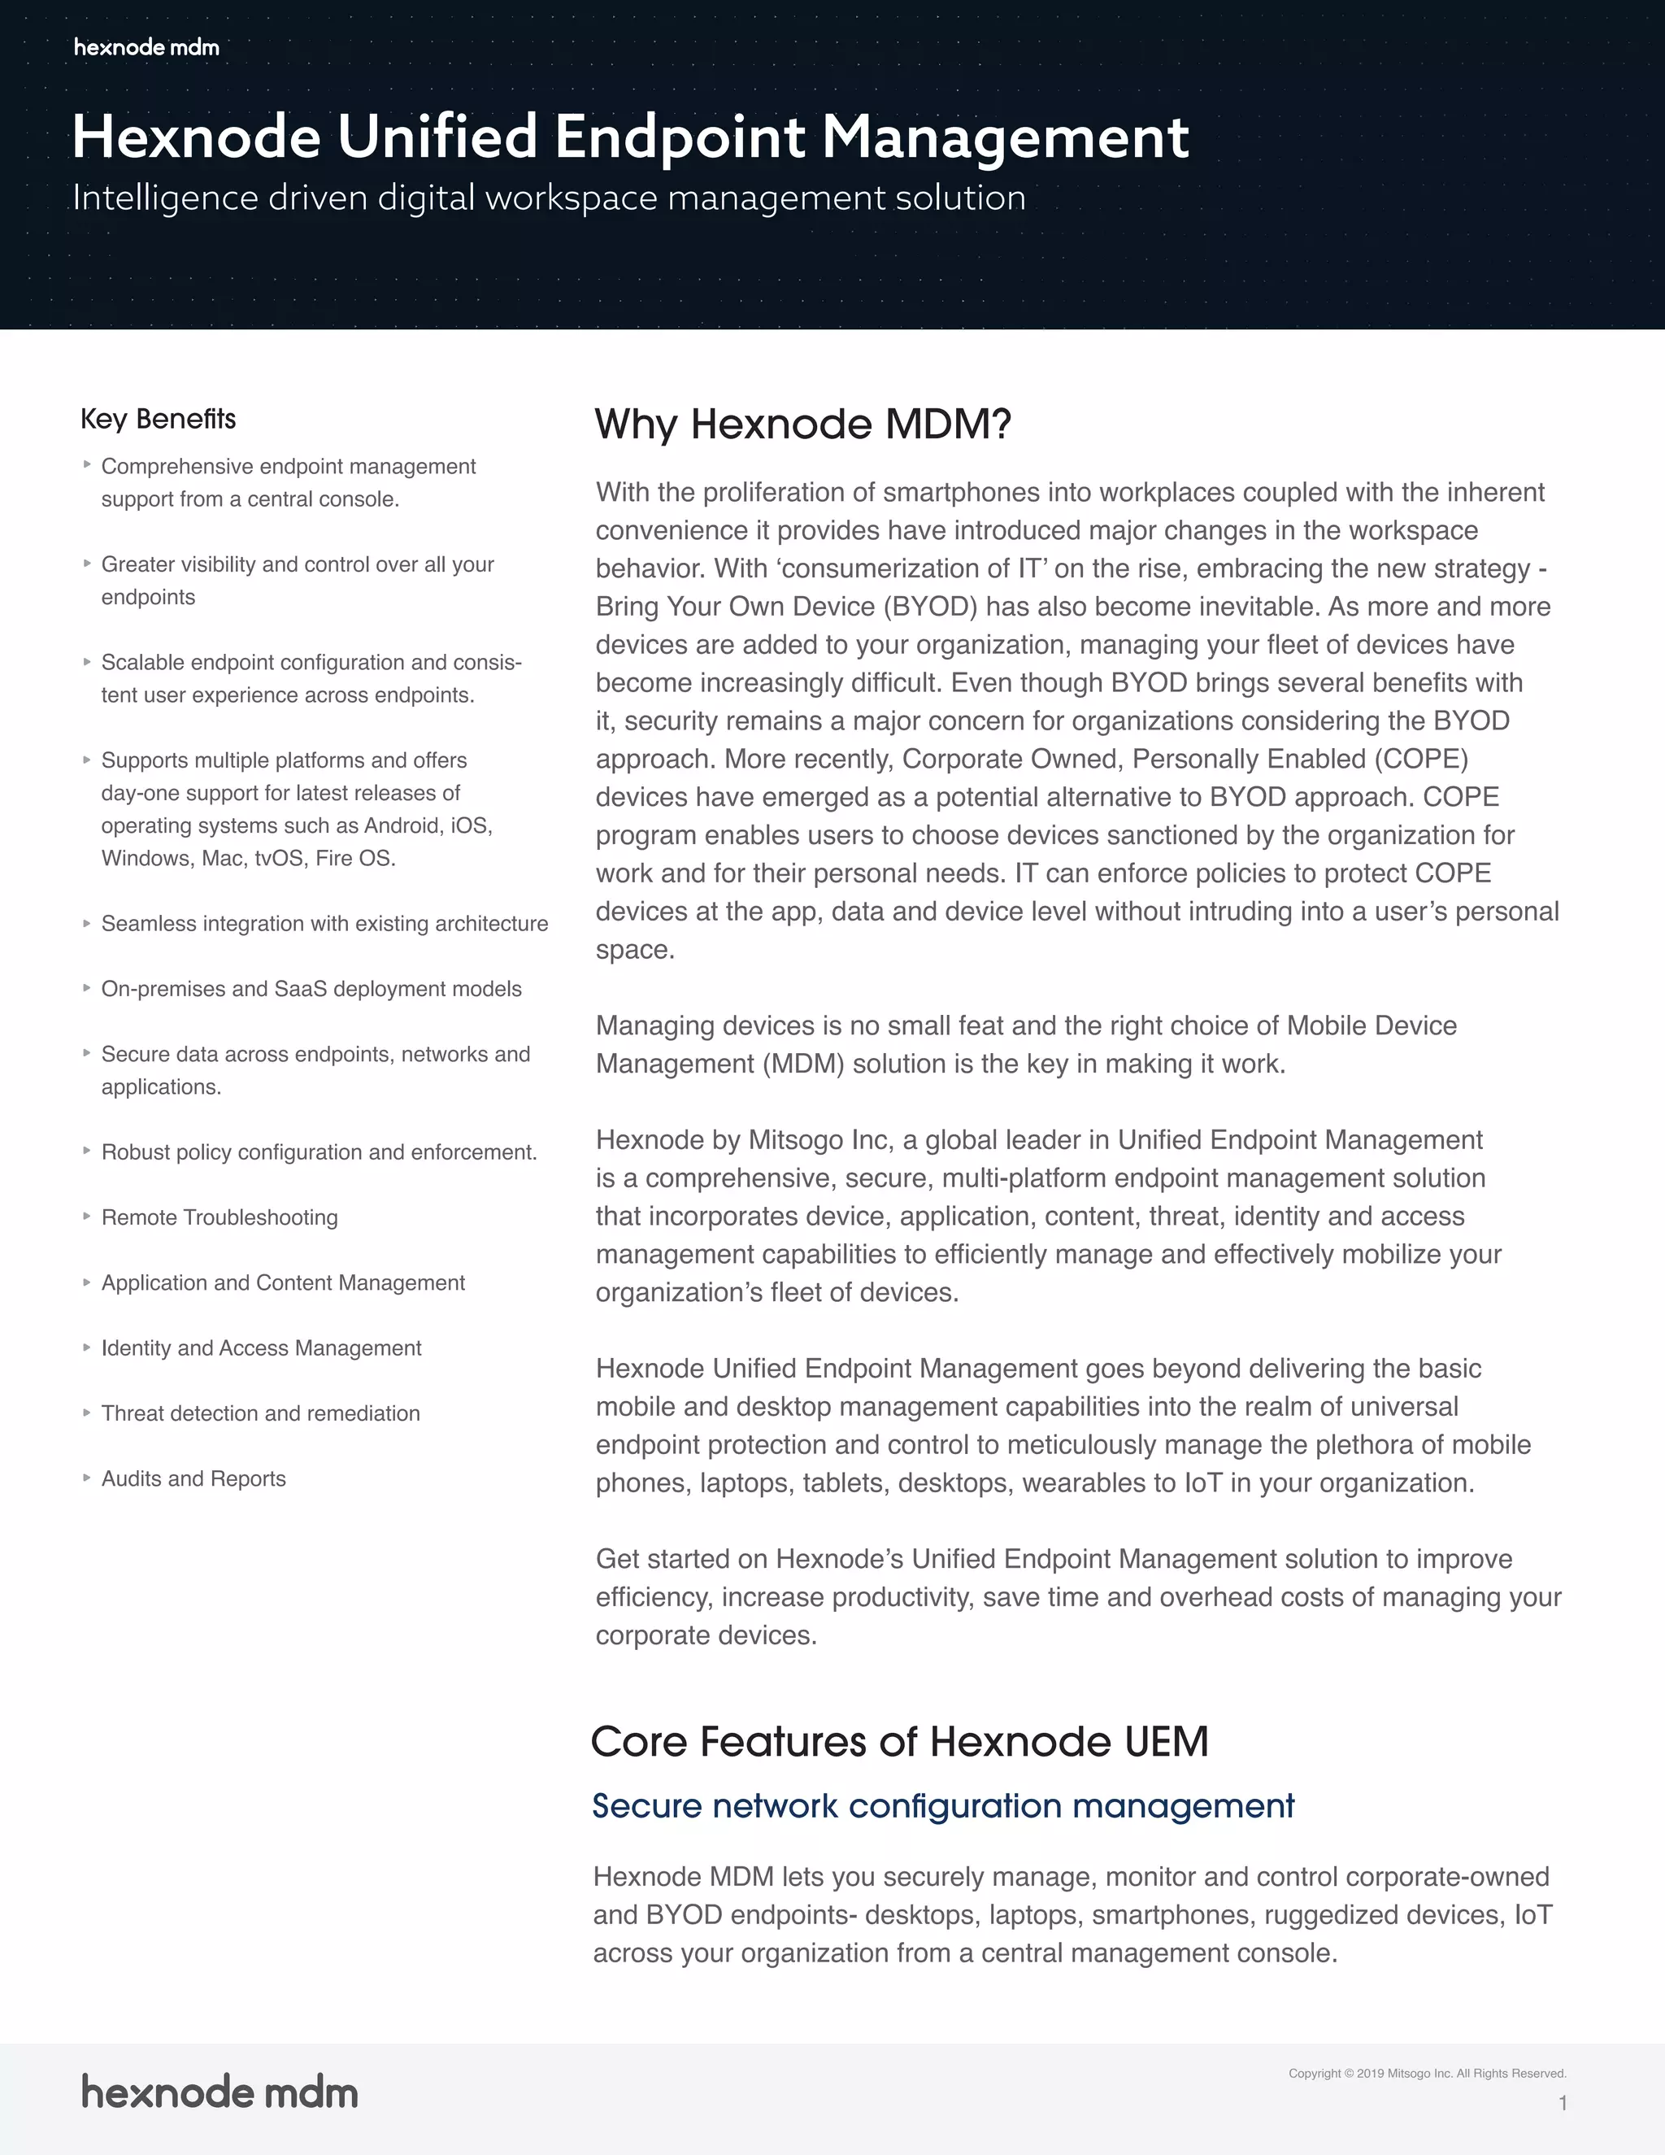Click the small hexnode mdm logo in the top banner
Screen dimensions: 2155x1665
pos(146,47)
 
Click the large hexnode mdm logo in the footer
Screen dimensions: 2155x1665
pos(219,2092)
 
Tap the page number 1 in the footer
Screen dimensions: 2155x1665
pos(1563,2103)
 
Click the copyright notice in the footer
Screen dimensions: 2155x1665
pos(1426,2073)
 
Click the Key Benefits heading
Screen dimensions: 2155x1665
pos(158,420)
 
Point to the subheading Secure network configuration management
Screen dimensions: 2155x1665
pos(942,1805)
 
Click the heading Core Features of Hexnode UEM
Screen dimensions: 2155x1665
pos(898,1742)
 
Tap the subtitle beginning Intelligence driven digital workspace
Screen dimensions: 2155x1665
pos(549,198)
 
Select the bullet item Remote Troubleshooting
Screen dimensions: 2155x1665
pos(219,1217)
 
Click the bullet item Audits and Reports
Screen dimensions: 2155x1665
pos(193,1479)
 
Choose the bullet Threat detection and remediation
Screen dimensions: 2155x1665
pos(260,1414)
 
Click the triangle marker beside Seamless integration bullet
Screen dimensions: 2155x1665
pos(87,924)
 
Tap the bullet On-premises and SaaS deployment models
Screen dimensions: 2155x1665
pos(311,990)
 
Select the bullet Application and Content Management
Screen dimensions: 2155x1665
pos(282,1282)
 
